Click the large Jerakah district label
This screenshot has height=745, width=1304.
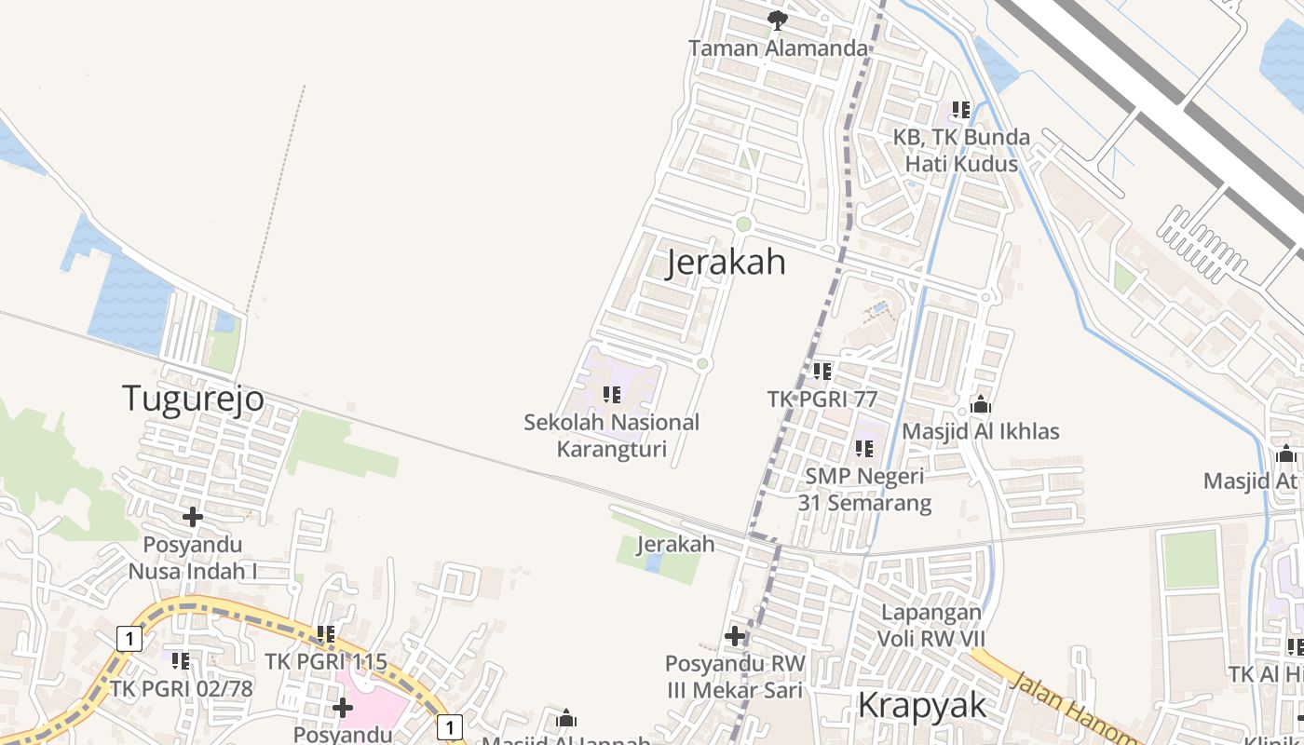click(x=727, y=263)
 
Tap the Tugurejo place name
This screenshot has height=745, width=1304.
click(x=194, y=399)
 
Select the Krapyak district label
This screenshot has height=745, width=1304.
click(x=921, y=706)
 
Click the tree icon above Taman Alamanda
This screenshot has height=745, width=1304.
click(x=778, y=20)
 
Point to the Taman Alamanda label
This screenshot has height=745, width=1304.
click(x=779, y=47)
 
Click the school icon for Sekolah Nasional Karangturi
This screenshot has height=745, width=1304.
click(x=612, y=395)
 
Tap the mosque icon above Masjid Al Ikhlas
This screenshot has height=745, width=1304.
click(x=980, y=405)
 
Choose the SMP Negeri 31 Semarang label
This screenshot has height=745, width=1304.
click(x=864, y=490)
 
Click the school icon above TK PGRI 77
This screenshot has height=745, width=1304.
click(x=822, y=372)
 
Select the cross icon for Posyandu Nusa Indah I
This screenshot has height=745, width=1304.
click(x=193, y=516)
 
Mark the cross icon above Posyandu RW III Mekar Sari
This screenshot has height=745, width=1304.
click(x=735, y=636)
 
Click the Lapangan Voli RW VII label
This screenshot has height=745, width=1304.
click(x=930, y=625)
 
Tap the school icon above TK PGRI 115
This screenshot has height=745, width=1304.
click(x=325, y=634)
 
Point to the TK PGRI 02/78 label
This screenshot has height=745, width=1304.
click(x=182, y=689)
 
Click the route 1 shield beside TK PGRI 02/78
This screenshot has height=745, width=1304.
click(x=129, y=638)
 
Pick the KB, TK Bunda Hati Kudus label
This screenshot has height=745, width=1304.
click(x=961, y=150)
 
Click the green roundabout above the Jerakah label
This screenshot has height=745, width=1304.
click(x=743, y=223)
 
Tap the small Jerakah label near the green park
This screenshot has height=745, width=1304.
click(x=675, y=544)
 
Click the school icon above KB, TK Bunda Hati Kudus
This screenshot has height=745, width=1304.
click(x=961, y=110)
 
